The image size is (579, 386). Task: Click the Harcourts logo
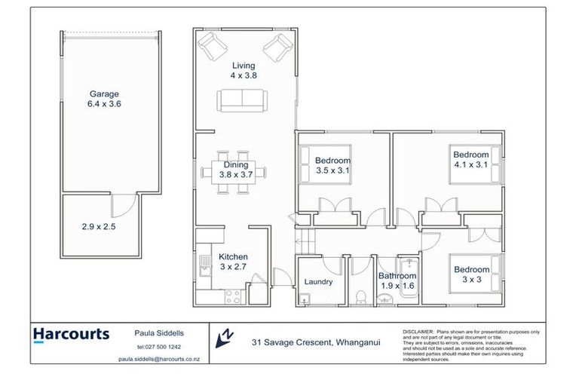point(71,334)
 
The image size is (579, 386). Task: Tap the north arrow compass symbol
point(224,338)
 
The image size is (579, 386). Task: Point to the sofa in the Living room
point(241,100)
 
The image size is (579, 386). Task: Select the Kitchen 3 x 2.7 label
point(234,262)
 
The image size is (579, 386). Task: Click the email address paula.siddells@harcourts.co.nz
point(157,359)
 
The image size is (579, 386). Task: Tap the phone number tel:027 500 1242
point(157,347)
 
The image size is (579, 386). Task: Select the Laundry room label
point(318,283)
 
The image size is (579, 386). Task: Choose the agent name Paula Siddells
point(157,332)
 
